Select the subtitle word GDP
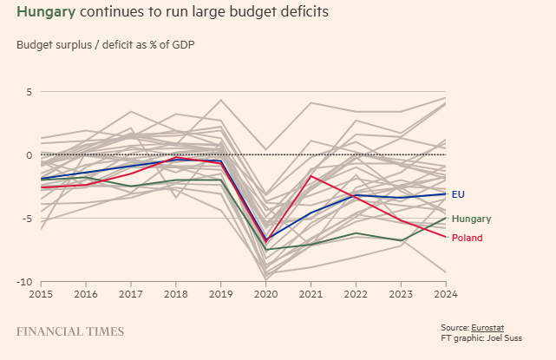pyautogui.click(x=180, y=44)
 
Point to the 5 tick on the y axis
pyautogui.click(x=28, y=91)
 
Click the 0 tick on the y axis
pyautogui.click(x=28, y=155)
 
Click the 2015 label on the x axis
pyautogui.click(x=42, y=294)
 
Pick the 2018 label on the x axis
pyautogui.click(x=176, y=294)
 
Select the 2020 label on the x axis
pyautogui.click(x=266, y=294)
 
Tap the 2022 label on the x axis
pyautogui.click(x=356, y=294)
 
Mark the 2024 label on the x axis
pyautogui.click(x=446, y=294)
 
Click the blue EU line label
pyautogui.click(x=458, y=194)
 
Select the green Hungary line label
pyautogui.click(x=471, y=219)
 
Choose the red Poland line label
pyautogui.click(x=467, y=238)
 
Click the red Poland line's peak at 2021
pyautogui.click(x=311, y=175)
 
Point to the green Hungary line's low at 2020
pyautogui.click(x=266, y=250)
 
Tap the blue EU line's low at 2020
pyautogui.click(x=266, y=240)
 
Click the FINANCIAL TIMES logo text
pyautogui.click(x=70, y=331)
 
